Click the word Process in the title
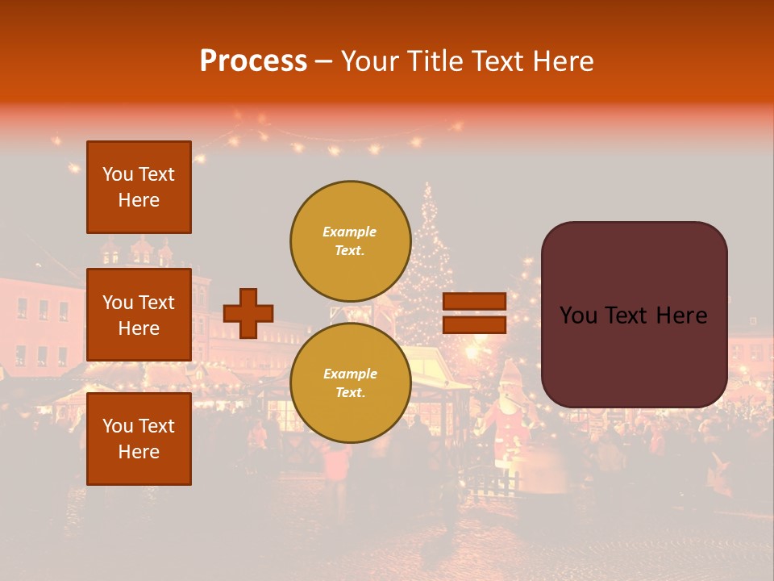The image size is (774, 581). pos(253,61)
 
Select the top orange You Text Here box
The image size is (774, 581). pos(139,187)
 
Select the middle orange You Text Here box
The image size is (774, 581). pos(139,315)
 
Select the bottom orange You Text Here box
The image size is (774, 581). pos(139,439)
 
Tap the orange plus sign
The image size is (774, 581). pos(248,313)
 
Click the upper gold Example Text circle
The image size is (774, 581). pos(351,240)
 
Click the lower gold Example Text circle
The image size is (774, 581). pos(351,382)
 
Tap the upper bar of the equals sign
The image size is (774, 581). pos(474,302)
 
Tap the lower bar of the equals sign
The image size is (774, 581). pos(474,324)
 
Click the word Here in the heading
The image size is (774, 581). pos(562,61)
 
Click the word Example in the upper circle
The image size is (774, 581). pos(350,232)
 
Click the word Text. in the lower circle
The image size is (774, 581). pos(350,392)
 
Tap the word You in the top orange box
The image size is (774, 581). pos(118,174)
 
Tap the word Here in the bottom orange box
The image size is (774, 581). pos(139,452)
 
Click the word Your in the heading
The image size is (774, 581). pos(368,61)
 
